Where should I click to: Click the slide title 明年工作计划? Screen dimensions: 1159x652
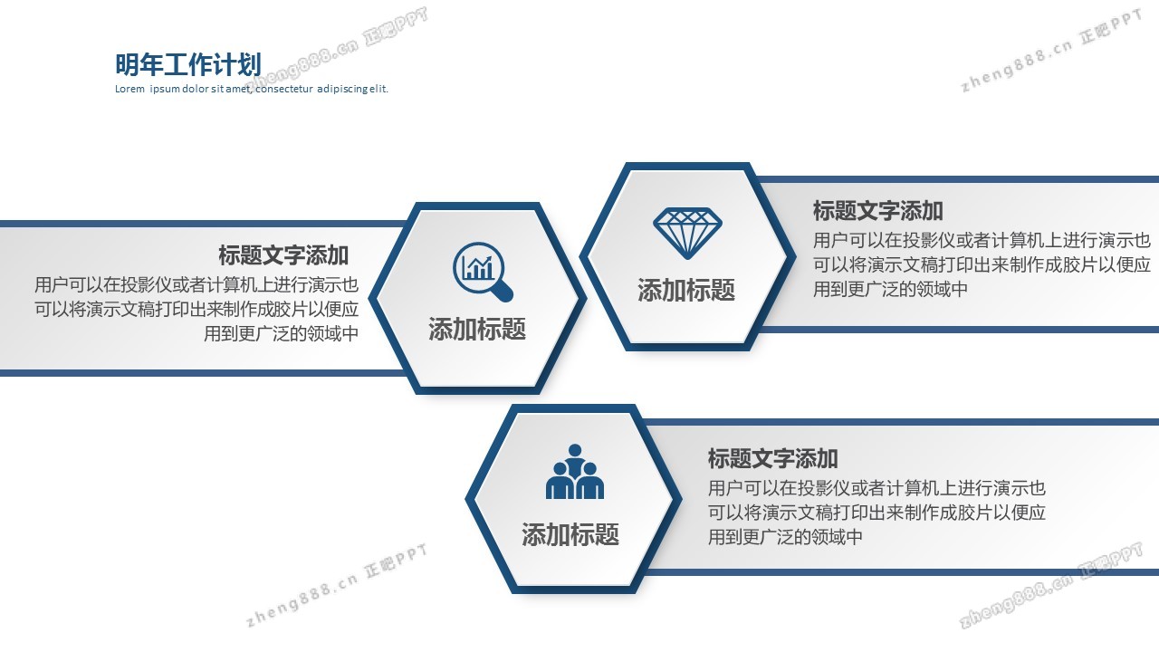tap(187, 64)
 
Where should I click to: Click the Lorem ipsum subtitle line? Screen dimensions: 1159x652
tap(252, 89)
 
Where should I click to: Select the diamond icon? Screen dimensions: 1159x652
tap(687, 234)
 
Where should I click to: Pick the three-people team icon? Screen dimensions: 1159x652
tap(575, 472)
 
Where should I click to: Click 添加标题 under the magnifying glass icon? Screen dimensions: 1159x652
tap(477, 329)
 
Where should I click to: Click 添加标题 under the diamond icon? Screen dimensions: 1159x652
tap(686, 290)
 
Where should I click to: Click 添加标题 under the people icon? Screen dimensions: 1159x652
tap(570, 534)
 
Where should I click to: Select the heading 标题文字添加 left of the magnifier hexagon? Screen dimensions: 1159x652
tap(283, 255)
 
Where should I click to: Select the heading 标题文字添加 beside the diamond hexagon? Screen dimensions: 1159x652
tap(878, 211)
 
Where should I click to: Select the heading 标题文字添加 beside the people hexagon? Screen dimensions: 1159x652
tap(773, 458)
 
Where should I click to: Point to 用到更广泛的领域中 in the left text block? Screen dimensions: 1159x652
tap(281, 334)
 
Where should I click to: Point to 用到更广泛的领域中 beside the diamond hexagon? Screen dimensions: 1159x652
tap(890, 289)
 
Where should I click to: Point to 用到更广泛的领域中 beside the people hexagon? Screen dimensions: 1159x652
tap(785, 537)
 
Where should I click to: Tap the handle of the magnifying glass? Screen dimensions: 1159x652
tap(503, 292)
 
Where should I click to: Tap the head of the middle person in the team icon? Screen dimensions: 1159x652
tap(575, 451)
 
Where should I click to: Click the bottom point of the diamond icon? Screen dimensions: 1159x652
tap(687, 259)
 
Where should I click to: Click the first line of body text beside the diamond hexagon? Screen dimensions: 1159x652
tap(982, 241)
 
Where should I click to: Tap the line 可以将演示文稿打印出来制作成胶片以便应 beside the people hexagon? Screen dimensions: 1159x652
tap(876, 513)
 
